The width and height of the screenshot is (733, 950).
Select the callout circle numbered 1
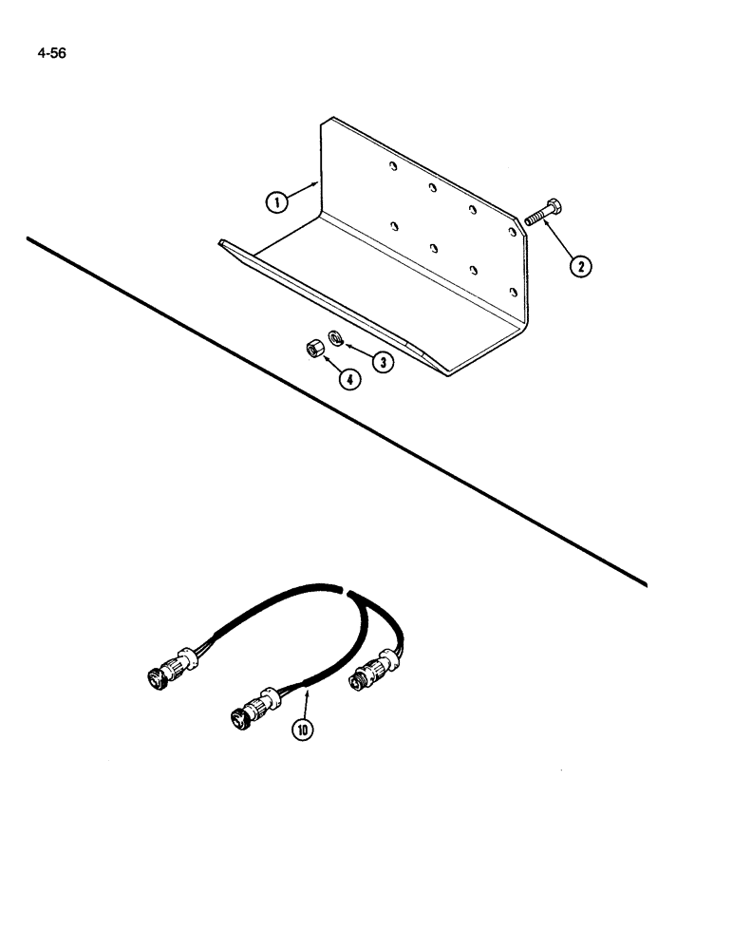[275, 201]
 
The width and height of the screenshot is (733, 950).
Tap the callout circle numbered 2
[577, 265]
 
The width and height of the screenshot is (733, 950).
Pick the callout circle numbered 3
[383, 362]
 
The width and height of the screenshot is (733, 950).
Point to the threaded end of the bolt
[530, 219]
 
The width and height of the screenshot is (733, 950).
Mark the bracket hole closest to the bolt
[512, 232]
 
